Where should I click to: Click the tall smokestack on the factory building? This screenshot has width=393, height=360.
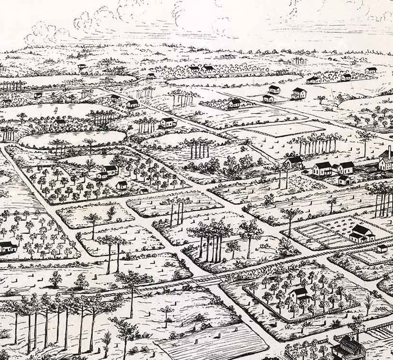coord(390,152)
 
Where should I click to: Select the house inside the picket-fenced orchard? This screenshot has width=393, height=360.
coord(299,294)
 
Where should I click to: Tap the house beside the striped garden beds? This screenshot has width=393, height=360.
coord(362,233)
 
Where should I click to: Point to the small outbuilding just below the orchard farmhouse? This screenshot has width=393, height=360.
coord(121,185)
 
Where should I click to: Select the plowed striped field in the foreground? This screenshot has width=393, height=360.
coord(213,343)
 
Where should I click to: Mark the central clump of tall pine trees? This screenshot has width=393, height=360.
coord(213,239)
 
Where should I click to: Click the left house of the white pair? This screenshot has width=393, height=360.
coord(322,168)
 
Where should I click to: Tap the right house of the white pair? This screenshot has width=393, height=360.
coord(345,168)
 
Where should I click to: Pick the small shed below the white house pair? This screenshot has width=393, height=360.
coord(344,180)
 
